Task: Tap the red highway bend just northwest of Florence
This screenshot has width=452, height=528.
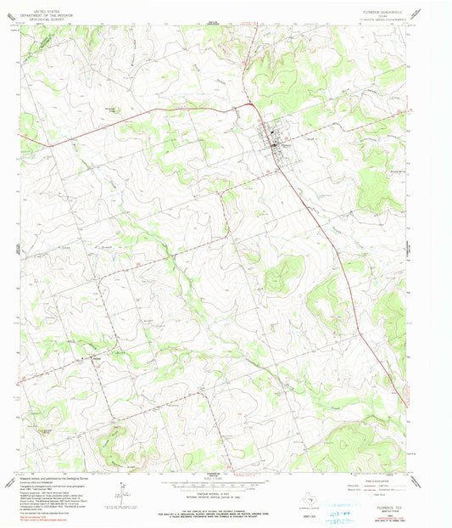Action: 253,105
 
